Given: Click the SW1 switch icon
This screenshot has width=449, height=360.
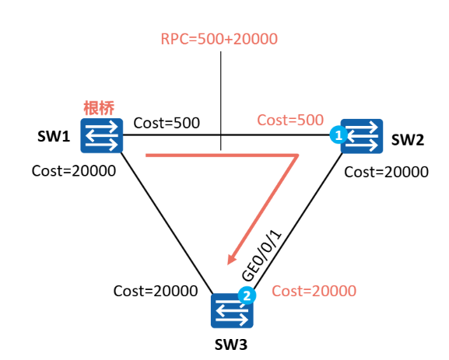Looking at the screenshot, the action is [x=102, y=135].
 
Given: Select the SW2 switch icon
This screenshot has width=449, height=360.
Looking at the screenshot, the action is [x=362, y=136].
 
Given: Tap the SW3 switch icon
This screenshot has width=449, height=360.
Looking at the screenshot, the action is [x=232, y=311].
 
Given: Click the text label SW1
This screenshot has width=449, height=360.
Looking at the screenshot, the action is [x=54, y=136].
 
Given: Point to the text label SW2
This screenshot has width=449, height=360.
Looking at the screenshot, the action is [x=408, y=140].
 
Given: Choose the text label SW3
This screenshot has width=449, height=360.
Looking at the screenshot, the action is [x=231, y=344].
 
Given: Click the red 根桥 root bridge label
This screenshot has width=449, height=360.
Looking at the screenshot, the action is [x=99, y=108].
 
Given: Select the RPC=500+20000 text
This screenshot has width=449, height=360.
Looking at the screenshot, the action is [x=219, y=39].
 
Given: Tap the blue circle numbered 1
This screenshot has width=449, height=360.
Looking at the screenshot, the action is [x=339, y=135].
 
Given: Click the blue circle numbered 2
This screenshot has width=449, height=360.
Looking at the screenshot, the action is [x=247, y=295].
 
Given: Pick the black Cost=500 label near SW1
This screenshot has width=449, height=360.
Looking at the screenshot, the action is [x=167, y=123].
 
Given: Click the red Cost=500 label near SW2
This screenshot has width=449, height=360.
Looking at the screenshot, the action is [x=290, y=120].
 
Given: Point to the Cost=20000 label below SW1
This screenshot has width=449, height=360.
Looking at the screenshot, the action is [x=74, y=171].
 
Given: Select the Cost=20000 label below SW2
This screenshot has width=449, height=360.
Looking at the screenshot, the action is [x=386, y=172].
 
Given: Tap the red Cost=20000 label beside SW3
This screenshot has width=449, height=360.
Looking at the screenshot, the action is [x=314, y=291].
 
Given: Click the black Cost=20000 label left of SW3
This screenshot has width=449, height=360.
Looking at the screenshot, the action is [x=156, y=291].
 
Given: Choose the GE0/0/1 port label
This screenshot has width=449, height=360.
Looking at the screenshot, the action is [x=261, y=256].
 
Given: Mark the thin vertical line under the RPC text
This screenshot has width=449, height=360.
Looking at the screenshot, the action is [x=220, y=101].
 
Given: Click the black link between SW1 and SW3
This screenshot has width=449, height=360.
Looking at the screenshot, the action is [x=167, y=223].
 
